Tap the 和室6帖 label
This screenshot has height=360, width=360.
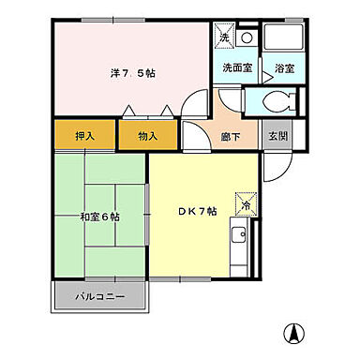[x=99, y=217]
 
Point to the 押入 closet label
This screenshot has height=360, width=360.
[x=85, y=136]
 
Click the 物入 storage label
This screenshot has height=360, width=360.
[x=148, y=136]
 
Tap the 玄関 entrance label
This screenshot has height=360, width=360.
[x=277, y=135]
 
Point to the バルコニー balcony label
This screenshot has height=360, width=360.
[x=100, y=298]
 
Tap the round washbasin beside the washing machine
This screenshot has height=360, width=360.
[x=247, y=37]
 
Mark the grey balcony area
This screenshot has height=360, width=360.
[x=100, y=298]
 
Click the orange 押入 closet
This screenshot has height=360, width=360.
[x=85, y=136]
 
